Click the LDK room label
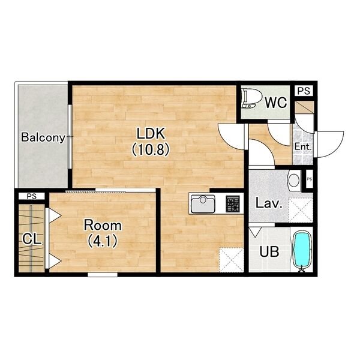tap(151, 133)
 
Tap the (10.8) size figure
tap(151, 149)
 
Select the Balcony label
tap(43, 137)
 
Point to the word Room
tap(103, 225)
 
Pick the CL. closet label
tap(32, 239)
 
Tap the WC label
tap(276, 103)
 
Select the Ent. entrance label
tap(303, 146)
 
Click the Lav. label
tap(269, 203)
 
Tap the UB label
tap(269, 251)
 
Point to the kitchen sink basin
tap(203, 204)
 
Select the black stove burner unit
tap(233, 203)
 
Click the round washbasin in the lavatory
tap(294, 180)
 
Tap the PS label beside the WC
tap(304, 91)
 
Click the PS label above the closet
tap(32, 196)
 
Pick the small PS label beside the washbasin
tap(309, 179)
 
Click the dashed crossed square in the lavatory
tap(301, 210)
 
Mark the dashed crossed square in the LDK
tap(232, 260)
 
